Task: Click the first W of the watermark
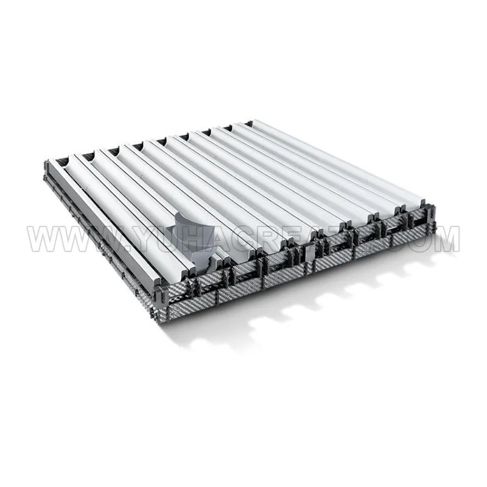point(43,239)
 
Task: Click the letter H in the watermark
point(194,239)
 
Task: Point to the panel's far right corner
point(436,230)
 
